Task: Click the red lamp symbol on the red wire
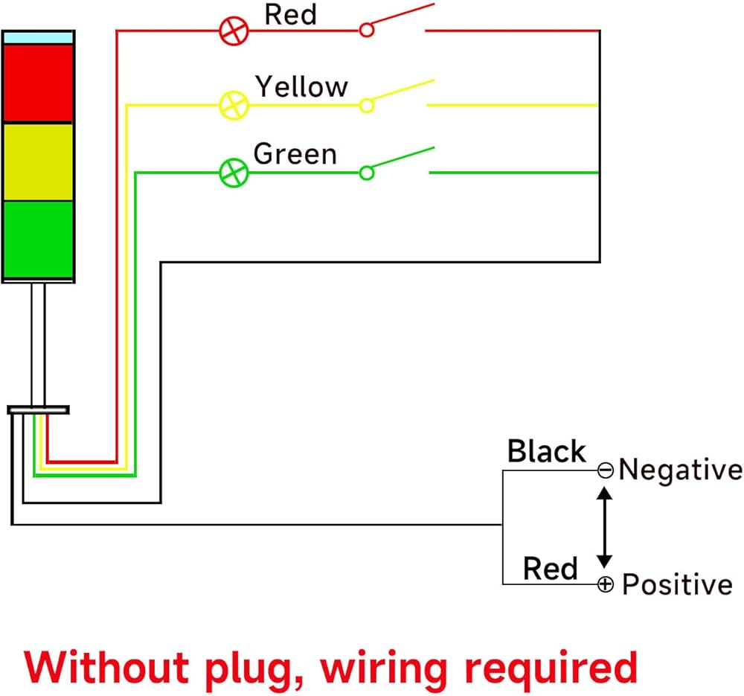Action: pyautogui.click(x=233, y=31)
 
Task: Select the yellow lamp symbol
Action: pyautogui.click(x=233, y=105)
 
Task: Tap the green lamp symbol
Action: pyautogui.click(x=233, y=173)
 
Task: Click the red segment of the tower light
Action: pyautogui.click(x=38, y=83)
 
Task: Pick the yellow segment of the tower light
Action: pyautogui.click(x=38, y=162)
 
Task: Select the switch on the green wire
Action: pyautogui.click(x=397, y=162)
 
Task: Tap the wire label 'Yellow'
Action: pyautogui.click(x=301, y=86)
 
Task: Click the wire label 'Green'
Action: pyautogui.click(x=295, y=153)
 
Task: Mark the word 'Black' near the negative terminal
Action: pyautogui.click(x=547, y=451)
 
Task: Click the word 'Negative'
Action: pyautogui.click(x=680, y=470)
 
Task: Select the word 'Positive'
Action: pyautogui.click(x=677, y=584)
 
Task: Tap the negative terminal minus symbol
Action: pyautogui.click(x=606, y=470)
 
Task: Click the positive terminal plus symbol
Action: pyautogui.click(x=606, y=584)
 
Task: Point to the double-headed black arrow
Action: pyautogui.click(x=605, y=527)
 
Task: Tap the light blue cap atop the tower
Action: pyautogui.click(x=38, y=36)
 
